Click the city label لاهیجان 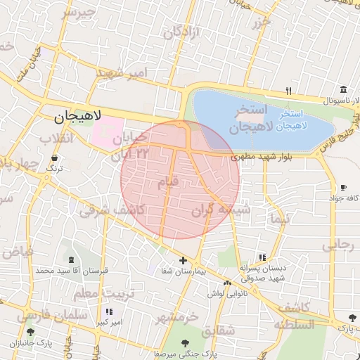pos(78,115)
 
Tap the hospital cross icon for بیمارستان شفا pos(184,261)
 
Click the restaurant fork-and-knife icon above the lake pos(288,91)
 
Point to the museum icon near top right pos(343,90)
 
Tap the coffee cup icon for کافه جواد pos(343,187)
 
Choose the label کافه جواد pos(342,198)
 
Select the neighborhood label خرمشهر pos(175,318)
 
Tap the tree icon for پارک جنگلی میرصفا pos(185,343)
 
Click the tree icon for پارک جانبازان pos(30,332)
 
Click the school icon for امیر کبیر pos(108,311)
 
